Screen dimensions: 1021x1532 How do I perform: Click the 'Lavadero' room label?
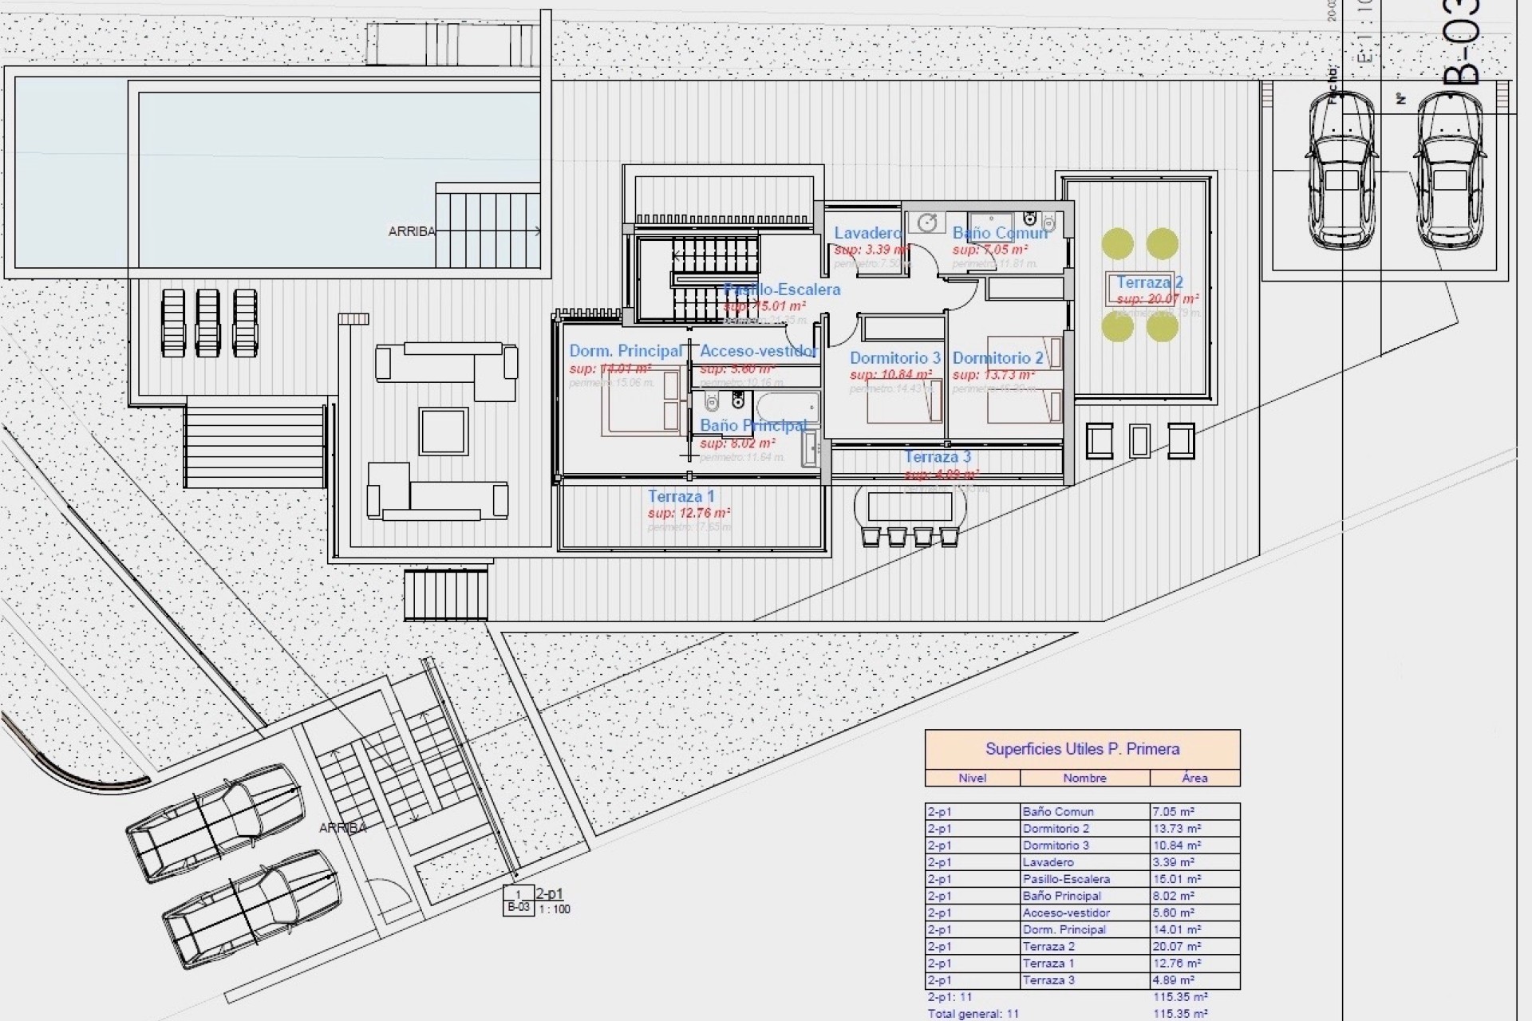[867, 233]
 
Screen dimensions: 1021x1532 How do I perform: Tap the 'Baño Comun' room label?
[1000, 233]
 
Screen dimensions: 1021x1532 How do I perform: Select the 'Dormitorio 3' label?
[894, 358]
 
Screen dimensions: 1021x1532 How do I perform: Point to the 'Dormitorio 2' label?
[997, 358]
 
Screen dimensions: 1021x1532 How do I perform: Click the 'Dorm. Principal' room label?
[626, 351]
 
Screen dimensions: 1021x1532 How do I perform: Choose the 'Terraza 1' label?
[681, 496]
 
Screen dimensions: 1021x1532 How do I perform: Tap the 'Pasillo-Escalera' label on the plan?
[782, 290]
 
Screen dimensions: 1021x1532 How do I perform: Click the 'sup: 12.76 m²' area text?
[689, 514]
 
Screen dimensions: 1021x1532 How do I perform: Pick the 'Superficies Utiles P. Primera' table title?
[1082, 749]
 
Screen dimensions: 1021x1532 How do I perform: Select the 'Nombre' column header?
[1084, 778]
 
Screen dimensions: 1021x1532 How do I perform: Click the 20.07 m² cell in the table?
[1176, 947]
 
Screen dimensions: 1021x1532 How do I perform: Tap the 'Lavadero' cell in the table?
[1048, 862]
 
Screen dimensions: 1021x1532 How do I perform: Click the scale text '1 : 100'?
[555, 909]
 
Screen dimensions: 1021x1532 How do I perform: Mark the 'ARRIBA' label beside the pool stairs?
[412, 232]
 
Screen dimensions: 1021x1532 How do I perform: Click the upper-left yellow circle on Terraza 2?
[1117, 244]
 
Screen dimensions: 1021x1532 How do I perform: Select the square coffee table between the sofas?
[443, 431]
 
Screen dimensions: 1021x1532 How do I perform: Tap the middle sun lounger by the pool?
[207, 322]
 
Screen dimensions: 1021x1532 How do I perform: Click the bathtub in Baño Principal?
[788, 408]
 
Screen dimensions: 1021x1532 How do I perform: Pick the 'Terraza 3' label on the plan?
[937, 457]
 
